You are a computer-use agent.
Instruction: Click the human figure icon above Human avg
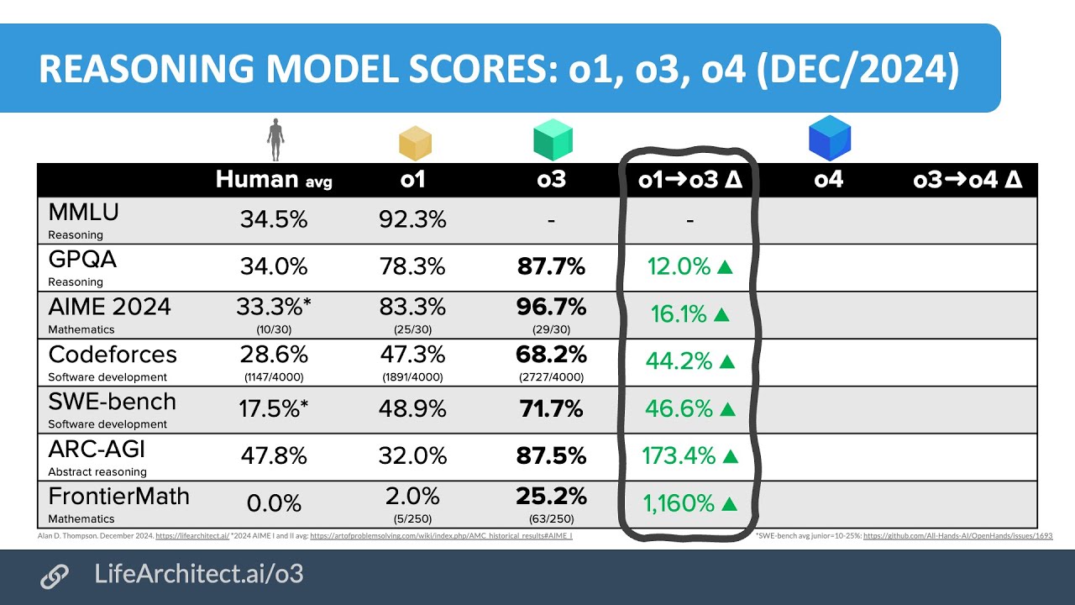tap(275, 139)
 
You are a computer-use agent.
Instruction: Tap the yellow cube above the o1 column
tap(415, 143)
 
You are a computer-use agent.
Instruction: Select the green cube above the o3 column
tap(553, 139)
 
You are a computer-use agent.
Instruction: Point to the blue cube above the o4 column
tap(829, 139)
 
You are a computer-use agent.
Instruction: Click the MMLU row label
tap(83, 213)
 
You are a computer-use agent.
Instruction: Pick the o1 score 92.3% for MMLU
tap(412, 220)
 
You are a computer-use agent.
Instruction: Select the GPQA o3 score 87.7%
tap(551, 267)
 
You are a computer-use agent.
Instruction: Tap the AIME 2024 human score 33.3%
tap(273, 308)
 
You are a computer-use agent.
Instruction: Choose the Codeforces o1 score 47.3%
tap(412, 355)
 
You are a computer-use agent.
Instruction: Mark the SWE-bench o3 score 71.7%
tap(551, 409)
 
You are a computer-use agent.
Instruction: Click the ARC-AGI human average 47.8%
tap(273, 456)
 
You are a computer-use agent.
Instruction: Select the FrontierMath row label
tap(118, 497)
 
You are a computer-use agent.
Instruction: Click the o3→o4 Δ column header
tap(967, 180)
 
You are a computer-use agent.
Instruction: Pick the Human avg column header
tap(274, 180)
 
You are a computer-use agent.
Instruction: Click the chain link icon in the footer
tap(55, 576)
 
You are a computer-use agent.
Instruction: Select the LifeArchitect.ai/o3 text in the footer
tap(199, 575)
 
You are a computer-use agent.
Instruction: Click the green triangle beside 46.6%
tap(727, 409)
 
